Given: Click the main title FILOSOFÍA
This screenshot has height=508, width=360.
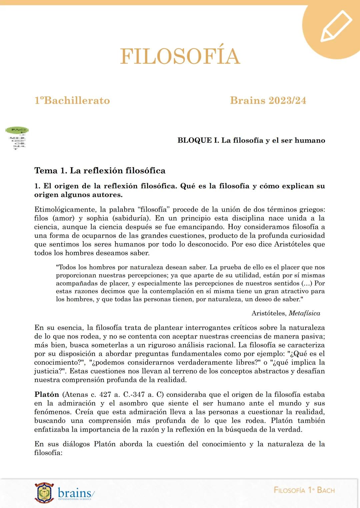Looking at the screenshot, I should [180, 56].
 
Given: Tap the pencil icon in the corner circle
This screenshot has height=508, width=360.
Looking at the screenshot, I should [336, 26].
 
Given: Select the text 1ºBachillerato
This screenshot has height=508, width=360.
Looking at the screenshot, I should [72, 101].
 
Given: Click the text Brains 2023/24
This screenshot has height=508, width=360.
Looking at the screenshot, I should [268, 101].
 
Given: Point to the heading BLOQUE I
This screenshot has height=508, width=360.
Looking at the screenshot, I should [198, 140].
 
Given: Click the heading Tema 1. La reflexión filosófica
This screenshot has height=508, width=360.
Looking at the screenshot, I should [100, 171].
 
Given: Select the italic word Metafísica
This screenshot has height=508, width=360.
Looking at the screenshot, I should [304, 313].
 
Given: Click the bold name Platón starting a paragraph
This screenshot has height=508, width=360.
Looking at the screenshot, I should [47, 394].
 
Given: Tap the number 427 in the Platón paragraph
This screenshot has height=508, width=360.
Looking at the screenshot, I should [105, 394].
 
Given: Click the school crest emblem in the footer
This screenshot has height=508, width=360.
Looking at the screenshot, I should [44, 493].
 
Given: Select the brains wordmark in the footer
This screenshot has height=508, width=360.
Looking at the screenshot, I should [75, 493].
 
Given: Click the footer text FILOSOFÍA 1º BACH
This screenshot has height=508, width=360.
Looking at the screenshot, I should [304, 490].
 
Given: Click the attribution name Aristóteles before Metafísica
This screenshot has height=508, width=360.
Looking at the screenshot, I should [269, 313].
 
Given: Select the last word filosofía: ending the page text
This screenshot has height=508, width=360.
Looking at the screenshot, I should [48, 453].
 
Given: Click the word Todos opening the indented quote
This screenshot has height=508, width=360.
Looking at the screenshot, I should [67, 267].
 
